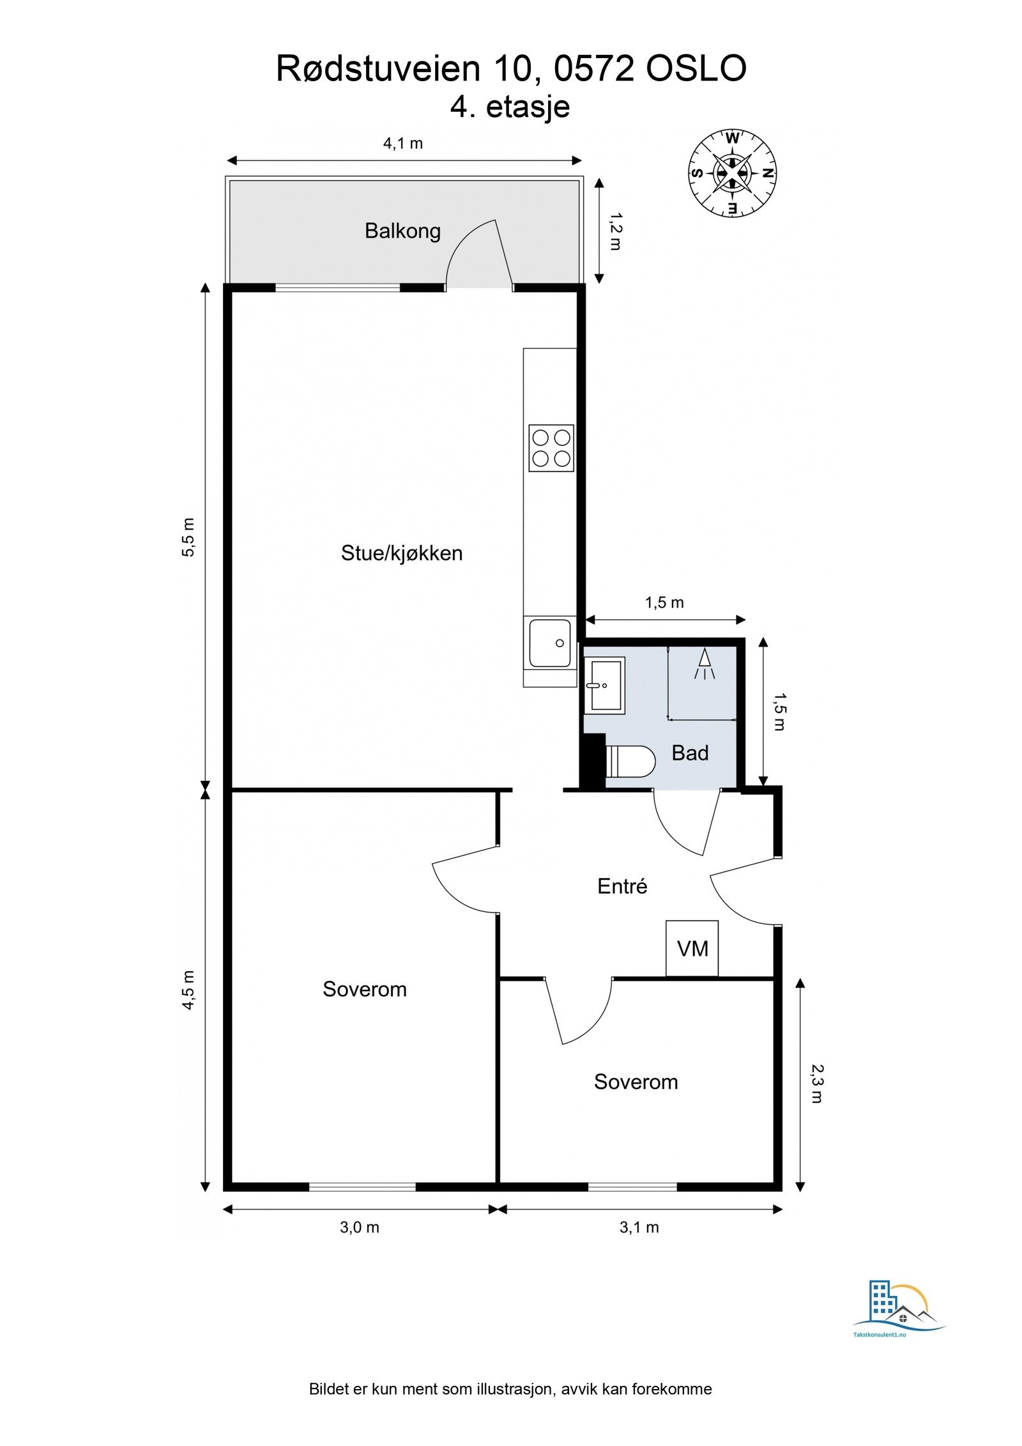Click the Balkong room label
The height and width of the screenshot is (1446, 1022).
(402, 231)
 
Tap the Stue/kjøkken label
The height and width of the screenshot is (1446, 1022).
(402, 553)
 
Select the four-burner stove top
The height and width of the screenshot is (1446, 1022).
(551, 448)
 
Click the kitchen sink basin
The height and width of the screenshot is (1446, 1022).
(550, 643)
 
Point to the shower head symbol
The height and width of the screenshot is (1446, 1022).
(705, 665)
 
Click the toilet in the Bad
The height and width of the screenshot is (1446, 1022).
(630, 761)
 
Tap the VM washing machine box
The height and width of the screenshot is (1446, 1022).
(692, 948)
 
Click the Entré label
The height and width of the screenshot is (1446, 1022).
(622, 886)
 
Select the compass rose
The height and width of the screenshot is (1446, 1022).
(732, 173)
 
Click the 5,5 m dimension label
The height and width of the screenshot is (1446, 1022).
(188, 537)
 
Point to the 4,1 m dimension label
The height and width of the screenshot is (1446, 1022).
(403, 143)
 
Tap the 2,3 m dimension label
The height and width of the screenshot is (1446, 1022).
(817, 1084)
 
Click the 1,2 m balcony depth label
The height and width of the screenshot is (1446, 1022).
(615, 231)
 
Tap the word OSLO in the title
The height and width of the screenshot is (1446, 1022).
(696, 69)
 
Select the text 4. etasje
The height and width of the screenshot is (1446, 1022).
(510, 107)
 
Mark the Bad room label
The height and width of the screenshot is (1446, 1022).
(690, 753)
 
